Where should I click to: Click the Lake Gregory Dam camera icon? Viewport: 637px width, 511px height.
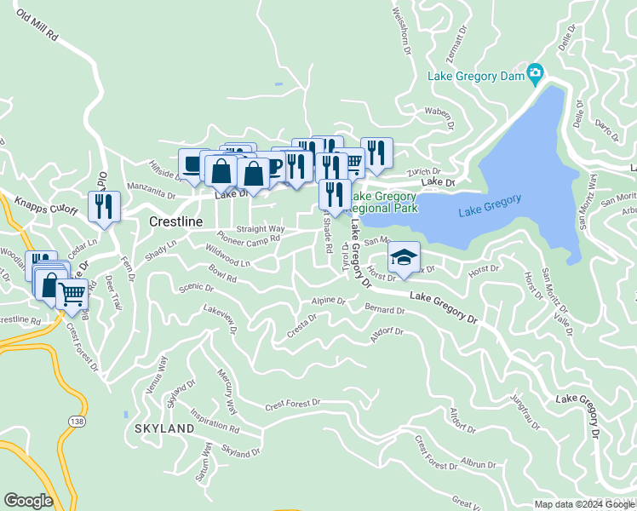point(535,74)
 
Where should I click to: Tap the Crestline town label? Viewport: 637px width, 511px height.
point(176,221)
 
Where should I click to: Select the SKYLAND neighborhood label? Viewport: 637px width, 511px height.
point(164,429)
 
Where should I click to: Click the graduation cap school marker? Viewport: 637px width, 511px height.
point(404,256)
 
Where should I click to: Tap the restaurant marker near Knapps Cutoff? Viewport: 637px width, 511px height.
point(104,206)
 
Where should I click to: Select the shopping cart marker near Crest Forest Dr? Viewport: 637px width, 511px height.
point(72,294)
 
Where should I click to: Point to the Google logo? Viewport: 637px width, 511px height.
point(28,501)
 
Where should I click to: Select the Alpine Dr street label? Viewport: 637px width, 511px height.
point(328,301)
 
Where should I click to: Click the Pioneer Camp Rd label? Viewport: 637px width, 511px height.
point(248,239)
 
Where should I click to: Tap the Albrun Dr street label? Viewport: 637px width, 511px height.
point(478,465)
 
